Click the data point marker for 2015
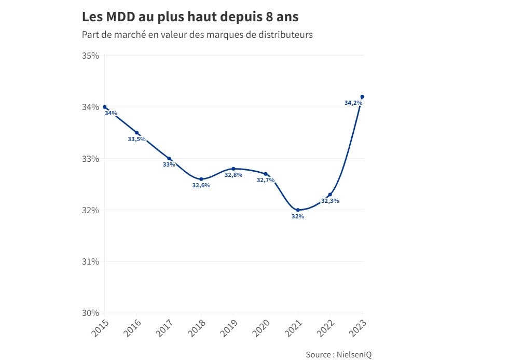click(x=105, y=107)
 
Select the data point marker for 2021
click(x=298, y=210)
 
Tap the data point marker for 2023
click(x=362, y=96)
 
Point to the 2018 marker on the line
click(x=201, y=179)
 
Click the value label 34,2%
click(x=353, y=103)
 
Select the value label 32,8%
click(x=233, y=175)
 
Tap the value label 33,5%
click(x=136, y=139)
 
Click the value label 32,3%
click(x=330, y=201)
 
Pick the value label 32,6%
click(x=201, y=186)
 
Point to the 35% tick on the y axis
click(x=91, y=56)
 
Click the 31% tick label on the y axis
click(x=91, y=261)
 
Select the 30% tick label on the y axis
click(x=91, y=313)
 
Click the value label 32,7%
click(x=266, y=181)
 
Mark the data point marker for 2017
click(x=169, y=158)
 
